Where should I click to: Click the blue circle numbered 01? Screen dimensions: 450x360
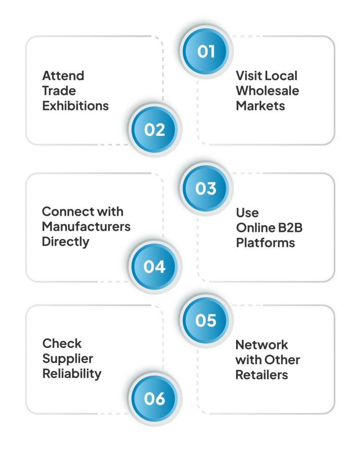pyautogui.click(x=206, y=51)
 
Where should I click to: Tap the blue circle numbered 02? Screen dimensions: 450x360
pyautogui.click(x=154, y=130)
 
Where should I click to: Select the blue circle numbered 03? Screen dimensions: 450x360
pyautogui.click(x=206, y=189)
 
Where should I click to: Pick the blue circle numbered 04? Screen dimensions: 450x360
pyautogui.click(x=154, y=267)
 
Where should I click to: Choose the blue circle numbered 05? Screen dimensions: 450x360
pyautogui.click(x=206, y=320)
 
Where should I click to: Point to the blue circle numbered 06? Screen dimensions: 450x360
pyautogui.click(x=154, y=399)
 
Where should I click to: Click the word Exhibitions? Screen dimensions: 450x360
pyautogui.click(x=75, y=106)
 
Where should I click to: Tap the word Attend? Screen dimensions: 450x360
pyautogui.click(x=63, y=76)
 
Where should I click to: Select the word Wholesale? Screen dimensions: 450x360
pyautogui.click(x=267, y=91)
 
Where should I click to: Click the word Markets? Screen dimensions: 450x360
pyautogui.click(x=260, y=106)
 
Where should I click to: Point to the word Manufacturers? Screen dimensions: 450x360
pyautogui.click(x=86, y=227)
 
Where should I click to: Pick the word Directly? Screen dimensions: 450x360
pyautogui.click(x=65, y=242)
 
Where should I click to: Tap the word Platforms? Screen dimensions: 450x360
pyautogui.click(x=265, y=243)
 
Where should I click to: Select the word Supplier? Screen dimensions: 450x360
pyautogui.click(x=65, y=359)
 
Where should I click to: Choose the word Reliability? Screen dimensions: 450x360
pyautogui.click(x=72, y=374)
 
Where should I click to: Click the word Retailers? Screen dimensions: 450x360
pyautogui.click(x=262, y=375)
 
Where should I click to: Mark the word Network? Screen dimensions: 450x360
pyautogui.click(x=262, y=345)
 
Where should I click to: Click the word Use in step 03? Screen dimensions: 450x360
pyautogui.click(x=247, y=213)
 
